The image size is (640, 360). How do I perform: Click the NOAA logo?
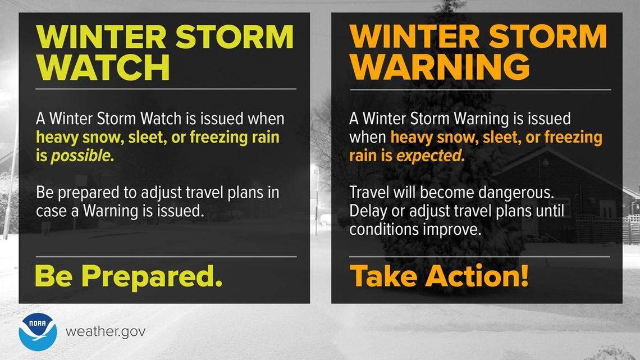click(x=38, y=332)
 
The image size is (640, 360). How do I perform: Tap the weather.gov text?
click(x=106, y=331)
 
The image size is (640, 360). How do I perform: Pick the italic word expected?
click(x=431, y=156)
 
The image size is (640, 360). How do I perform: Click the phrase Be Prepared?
click(x=129, y=276)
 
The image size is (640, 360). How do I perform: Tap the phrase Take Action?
click(x=439, y=276)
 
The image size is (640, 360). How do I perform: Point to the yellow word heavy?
click(x=54, y=138)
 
